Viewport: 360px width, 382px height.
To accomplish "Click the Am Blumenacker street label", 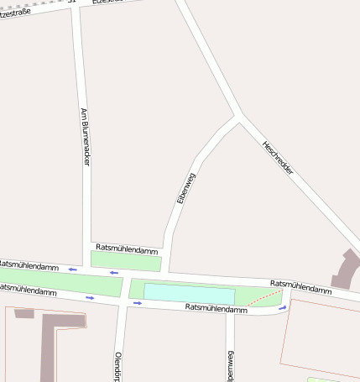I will pos(85,136).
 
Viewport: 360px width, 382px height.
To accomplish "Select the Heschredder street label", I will pos(278,157).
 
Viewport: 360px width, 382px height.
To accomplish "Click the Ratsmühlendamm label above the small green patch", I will pos(127,249).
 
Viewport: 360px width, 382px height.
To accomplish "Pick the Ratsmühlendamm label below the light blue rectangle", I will pos(216,309).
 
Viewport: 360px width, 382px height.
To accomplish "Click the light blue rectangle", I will pos(189,294).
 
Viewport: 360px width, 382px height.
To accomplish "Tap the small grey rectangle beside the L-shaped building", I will pos(24,313).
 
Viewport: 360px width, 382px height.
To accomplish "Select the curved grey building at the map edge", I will pos(345,270).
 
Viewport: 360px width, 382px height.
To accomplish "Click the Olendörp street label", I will pos(118,366).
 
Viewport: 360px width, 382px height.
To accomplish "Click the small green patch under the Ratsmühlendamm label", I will pos(126,260).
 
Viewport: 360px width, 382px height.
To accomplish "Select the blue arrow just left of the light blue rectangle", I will pos(138,303).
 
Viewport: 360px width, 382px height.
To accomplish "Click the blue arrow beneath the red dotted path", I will pos(283,308).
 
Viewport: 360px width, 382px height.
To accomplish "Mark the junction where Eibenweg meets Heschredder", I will pos(240,117).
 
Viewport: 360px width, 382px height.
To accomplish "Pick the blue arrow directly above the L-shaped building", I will pos(91,297).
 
